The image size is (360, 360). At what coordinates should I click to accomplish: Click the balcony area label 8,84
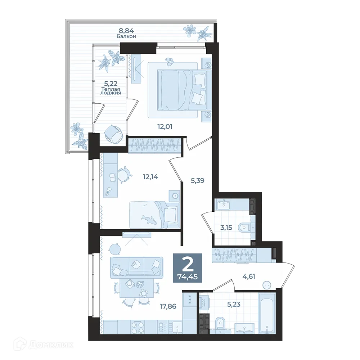pyautogui.click(x=126, y=30)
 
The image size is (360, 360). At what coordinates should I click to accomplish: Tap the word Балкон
pyautogui.click(x=126, y=36)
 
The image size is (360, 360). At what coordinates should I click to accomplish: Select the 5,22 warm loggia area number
pyautogui.click(x=111, y=83)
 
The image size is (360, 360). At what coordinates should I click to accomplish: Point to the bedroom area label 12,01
pyautogui.click(x=165, y=126)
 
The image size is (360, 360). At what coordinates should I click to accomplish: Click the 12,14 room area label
pyautogui.click(x=150, y=177)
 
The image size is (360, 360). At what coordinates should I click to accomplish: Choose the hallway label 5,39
pyautogui.click(x=197, y=181)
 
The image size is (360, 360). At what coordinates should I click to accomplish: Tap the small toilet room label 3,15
pyautogui.click(x=226, y=228)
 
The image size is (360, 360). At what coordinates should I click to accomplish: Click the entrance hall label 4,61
pyautogui.click(x=249, y=276)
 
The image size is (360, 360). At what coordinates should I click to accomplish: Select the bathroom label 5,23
pyautogui.click(x=234, y=304)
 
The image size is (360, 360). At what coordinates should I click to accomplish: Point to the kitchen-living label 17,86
pyautogui.click(x=168, y=306)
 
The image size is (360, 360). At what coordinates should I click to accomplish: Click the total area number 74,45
pyautogui.click(x=187, y=276)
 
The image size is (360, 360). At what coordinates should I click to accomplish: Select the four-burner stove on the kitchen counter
pyautogui.click(x=137, y=327)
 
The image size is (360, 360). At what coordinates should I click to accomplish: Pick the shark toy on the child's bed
pyautogui.click(x=149, y=219)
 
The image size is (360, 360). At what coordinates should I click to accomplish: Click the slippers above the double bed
pyautogui.click(x=170, y=61)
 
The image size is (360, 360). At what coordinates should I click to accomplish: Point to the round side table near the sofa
pyautogui.click(x=115, y=249)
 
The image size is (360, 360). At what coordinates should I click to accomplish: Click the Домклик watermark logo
pyautogui.click(x=44, y=345)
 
